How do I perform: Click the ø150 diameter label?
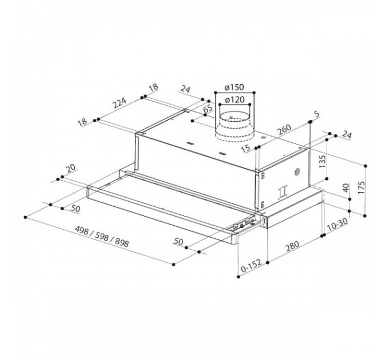click(x=234, y=87)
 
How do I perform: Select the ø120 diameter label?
click(x=235, y=100)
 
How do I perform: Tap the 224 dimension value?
click(x=120, y=103)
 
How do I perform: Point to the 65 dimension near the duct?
click(x=208, y=109)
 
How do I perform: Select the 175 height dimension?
click(x=361, y=187)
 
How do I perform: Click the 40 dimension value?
click(x=346, y=188)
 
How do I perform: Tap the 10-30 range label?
click(x=336, y=225)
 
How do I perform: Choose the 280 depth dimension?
click(x=292, y=246)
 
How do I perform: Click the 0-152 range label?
click(x=251, y=265)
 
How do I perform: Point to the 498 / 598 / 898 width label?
click(x=102, y=237)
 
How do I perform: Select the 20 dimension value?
click(x=71, y=168)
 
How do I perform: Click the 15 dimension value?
click(x=246, y=149)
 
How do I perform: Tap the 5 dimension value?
click(x=317, y=114)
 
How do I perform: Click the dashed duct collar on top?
click(x=235, y=125)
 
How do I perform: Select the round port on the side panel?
click(x=297, y=172)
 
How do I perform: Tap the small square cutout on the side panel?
click(x=283, y=191)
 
